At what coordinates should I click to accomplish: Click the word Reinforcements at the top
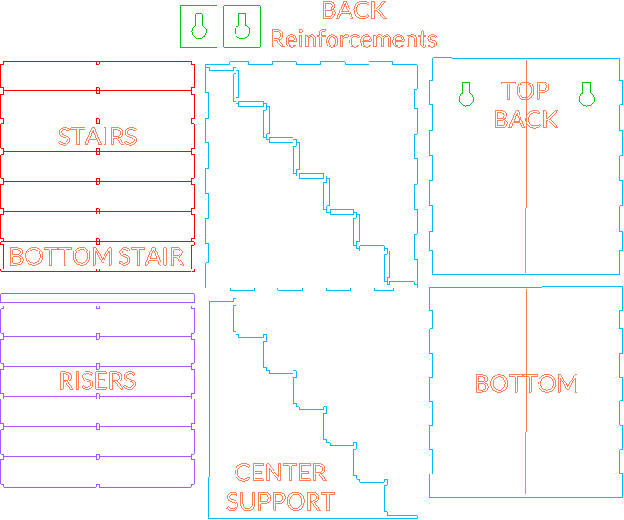pos(353,40)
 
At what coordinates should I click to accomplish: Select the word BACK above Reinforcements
pos(353,11)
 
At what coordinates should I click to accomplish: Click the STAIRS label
pos(97,137)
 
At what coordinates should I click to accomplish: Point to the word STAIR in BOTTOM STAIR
pos(151,256)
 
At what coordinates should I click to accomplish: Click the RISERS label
pos(97,381)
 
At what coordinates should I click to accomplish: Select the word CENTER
pos(280,473)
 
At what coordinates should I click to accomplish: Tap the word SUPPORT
pos(280,501)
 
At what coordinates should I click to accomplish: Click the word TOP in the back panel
pos(525,91)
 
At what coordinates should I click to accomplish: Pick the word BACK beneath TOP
pos(525,120)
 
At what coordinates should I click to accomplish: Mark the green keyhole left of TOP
pos(465,94)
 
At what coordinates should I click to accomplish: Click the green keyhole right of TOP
pos(586,94)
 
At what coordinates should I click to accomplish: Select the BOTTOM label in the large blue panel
pos(525,383)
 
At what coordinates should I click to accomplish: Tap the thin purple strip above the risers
pos(97,298)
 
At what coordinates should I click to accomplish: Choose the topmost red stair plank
pos(97,76)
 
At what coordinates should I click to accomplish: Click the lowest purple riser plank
pos(97,472)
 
